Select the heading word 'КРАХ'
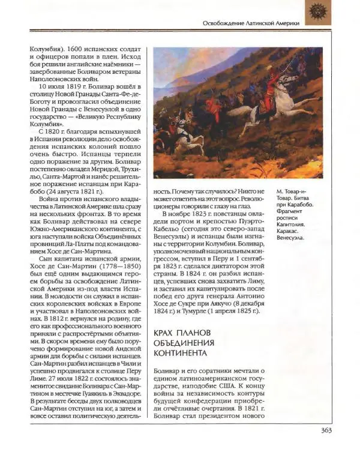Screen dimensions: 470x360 (x=166, y=333)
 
